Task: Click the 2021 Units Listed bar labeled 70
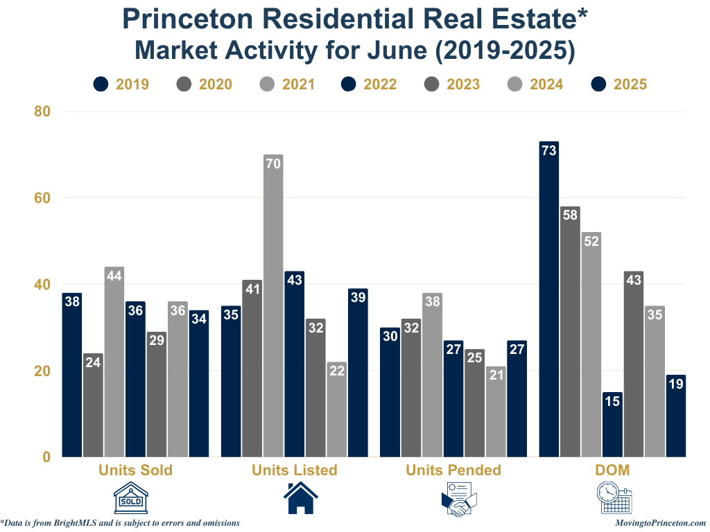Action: [273, 305]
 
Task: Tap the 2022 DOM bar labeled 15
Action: [612, 424]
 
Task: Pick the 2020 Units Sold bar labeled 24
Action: [93, 405]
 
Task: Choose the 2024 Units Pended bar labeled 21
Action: [496, 411]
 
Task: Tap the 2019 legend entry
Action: [121, 85]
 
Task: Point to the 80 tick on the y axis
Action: [42, 111]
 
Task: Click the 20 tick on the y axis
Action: [42, 371]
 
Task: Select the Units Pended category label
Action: [453, 470]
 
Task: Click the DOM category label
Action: [612, 470]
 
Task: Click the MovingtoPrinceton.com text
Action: [660, 523]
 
